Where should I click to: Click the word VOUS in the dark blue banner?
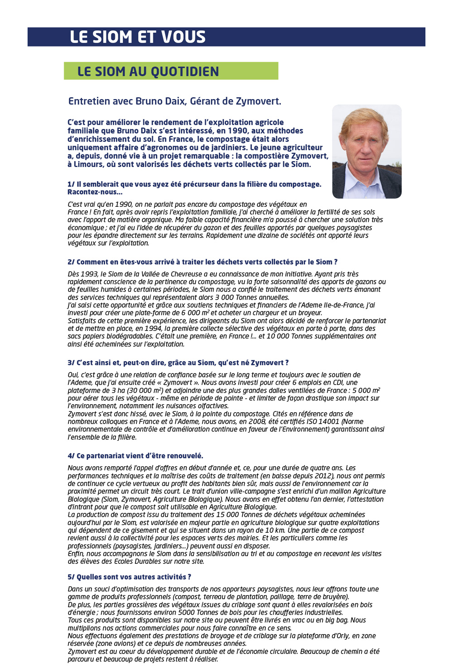[184, 37]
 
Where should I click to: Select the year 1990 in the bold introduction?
[237, 131]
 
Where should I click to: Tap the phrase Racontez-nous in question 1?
[93, 192]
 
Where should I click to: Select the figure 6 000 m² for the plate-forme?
[193, 313]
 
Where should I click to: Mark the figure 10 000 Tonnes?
[286, 336]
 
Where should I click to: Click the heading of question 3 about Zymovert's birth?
[178, 363]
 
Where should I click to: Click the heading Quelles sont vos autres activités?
[130, 577]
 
